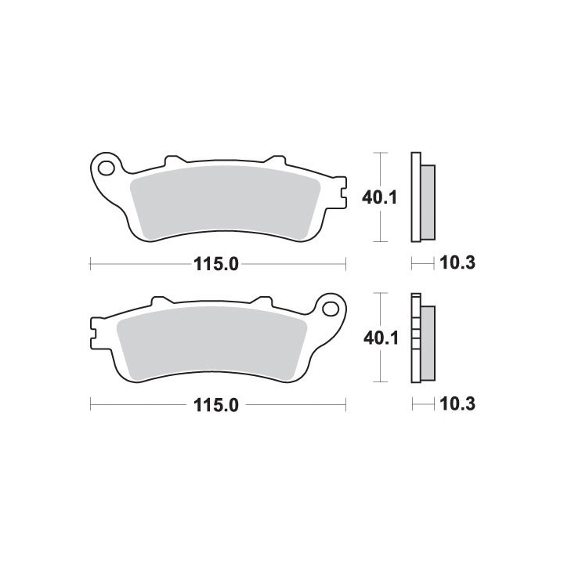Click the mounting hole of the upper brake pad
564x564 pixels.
click(107, 168)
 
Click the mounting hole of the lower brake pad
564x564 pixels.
click(331, 309)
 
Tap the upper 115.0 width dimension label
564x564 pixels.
click(216, 265)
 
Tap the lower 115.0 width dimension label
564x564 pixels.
click(216, 406)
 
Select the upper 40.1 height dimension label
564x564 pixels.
click(379, 197)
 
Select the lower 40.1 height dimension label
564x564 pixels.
click(381, 338)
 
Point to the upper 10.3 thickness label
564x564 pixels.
click(457, 263)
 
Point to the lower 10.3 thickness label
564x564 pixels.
click(457, 404)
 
